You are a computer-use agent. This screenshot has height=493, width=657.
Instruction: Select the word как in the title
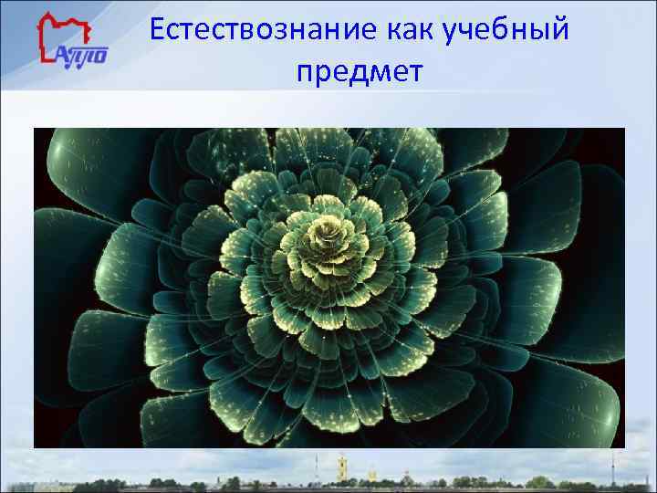409,30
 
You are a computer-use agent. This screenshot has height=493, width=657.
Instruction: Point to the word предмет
360,71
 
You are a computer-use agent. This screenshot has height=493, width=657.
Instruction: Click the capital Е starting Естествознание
158,29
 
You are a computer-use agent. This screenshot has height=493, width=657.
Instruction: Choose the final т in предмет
415,71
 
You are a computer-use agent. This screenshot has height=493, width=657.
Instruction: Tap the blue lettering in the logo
85,55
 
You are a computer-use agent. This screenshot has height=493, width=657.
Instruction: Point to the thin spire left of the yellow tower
316,466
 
